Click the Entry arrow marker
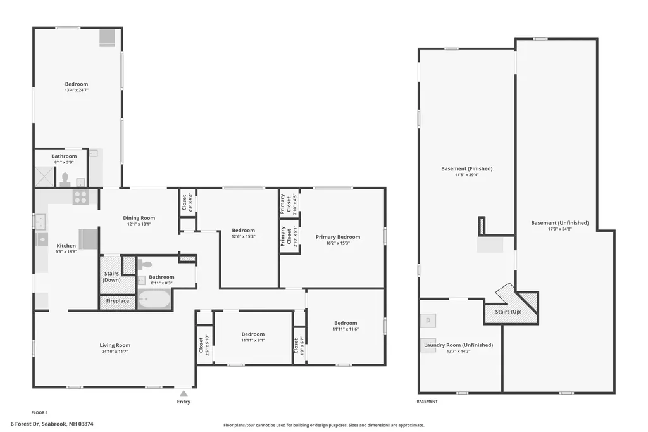(184, 393)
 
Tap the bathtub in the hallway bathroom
(154, 298)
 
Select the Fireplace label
(117, 301)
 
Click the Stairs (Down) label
(111, 277)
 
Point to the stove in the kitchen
(80, 197)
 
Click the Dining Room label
(139, 218)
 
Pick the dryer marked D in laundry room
(428, 321)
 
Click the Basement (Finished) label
(466, 168)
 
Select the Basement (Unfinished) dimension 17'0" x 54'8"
(559, 229)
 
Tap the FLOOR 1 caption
(39, 412)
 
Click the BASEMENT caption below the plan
(427, 402)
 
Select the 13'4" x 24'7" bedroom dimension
(77, 90)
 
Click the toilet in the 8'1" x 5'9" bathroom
(65, 180)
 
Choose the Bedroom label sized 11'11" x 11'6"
(346, 323)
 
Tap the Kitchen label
(66, 246)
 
